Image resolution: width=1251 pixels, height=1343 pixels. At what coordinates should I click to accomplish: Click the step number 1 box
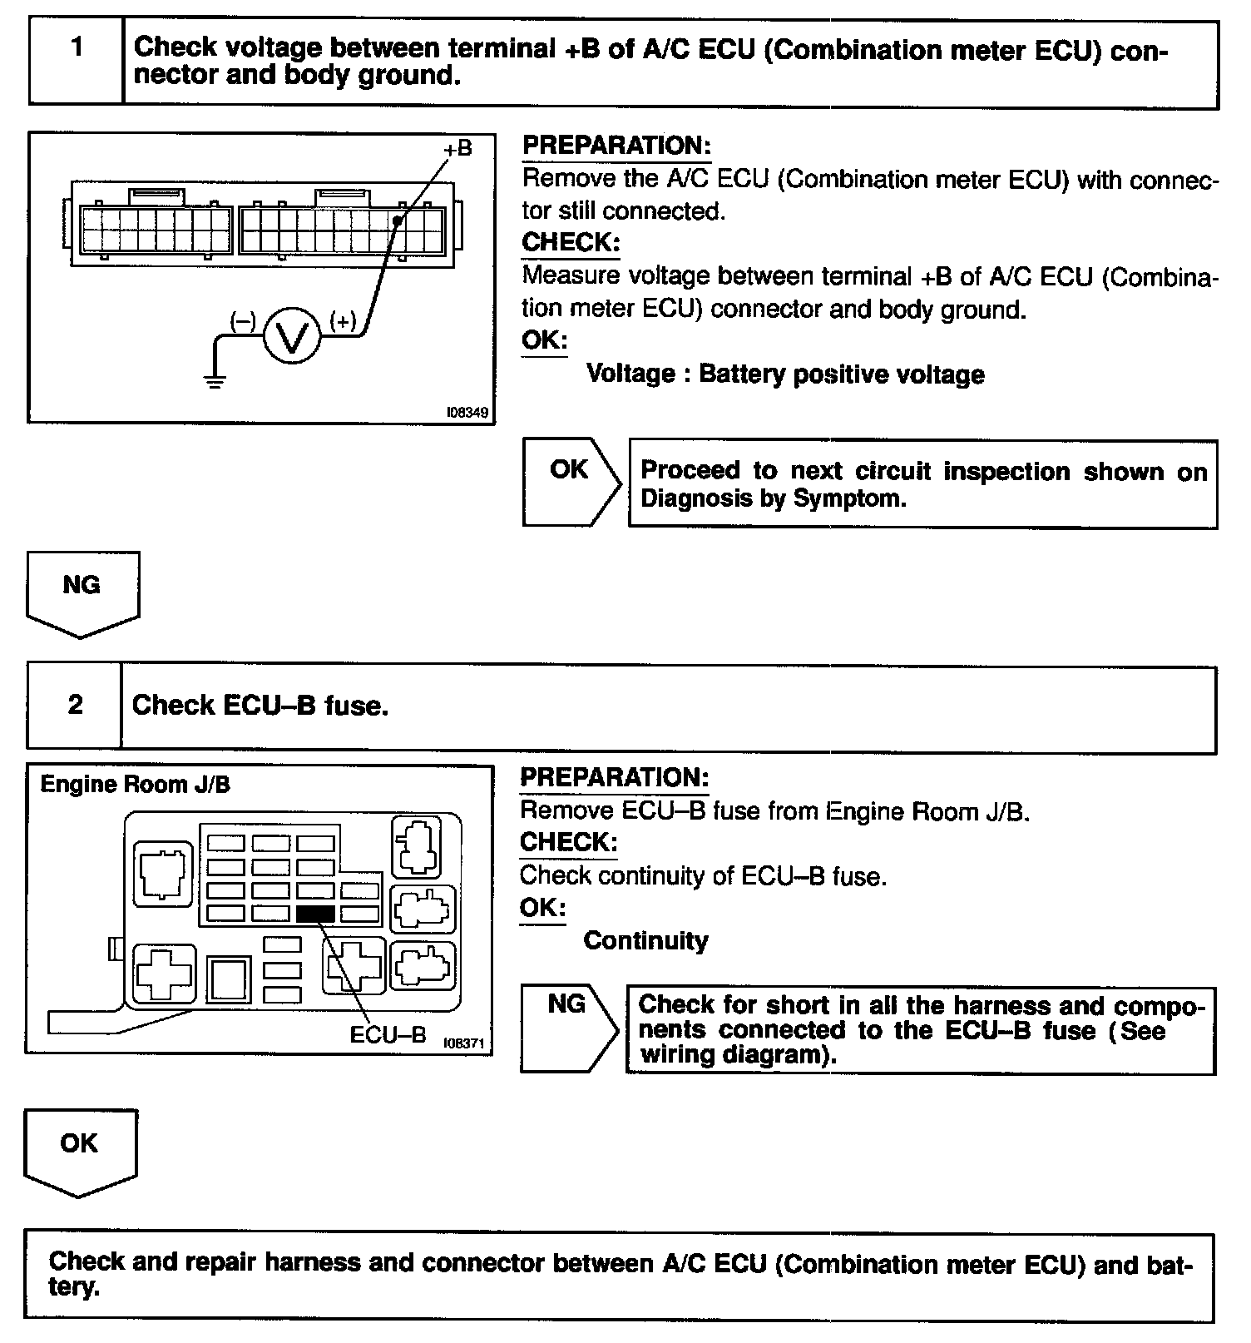coord(77,62)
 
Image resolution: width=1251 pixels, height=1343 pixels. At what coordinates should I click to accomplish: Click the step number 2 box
coord(75,706)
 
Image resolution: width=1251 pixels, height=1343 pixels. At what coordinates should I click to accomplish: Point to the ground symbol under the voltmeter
coord(215,382)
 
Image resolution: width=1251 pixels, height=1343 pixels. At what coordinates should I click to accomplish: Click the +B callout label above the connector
coord(457,148)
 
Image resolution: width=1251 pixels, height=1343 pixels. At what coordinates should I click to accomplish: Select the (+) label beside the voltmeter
coord(343,320)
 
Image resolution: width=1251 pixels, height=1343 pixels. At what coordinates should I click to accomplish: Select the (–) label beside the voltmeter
coord(243,321)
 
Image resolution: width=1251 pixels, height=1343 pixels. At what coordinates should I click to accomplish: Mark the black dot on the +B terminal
coord(398,221)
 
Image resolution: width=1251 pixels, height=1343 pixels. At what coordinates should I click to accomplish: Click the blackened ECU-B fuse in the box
coord(315,914)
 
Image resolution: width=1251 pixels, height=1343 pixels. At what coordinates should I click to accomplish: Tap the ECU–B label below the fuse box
coord(388,1034)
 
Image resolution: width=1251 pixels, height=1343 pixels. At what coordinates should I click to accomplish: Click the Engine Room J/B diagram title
coord(135,784)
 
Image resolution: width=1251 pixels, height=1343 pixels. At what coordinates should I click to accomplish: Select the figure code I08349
coord(467,412)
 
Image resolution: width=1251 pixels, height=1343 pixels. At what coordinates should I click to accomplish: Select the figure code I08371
coord(463,1043)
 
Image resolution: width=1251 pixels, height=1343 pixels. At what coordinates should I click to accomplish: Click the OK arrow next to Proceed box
coord(571,482)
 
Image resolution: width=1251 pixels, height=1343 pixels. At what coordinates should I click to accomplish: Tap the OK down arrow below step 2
coord(80,1151)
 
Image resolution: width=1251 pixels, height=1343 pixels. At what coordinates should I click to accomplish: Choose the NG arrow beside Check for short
coord(568,1028)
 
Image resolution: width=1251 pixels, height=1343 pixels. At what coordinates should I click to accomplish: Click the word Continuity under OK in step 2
coord(645,940)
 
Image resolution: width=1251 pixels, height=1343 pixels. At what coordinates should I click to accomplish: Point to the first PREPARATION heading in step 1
coord(616,146)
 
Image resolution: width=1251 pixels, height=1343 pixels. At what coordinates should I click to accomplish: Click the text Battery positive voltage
coord(841,374)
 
